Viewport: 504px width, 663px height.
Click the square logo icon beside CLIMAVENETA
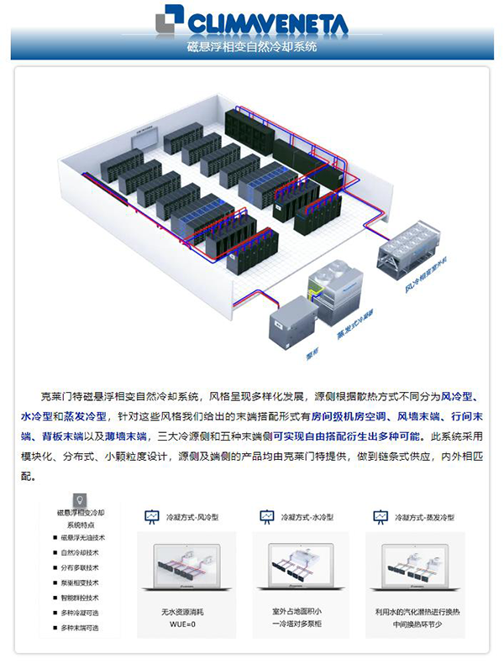170,19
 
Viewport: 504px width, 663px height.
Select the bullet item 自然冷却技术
80,552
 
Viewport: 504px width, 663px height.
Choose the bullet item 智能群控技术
80,598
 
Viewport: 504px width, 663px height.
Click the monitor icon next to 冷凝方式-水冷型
267,516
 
